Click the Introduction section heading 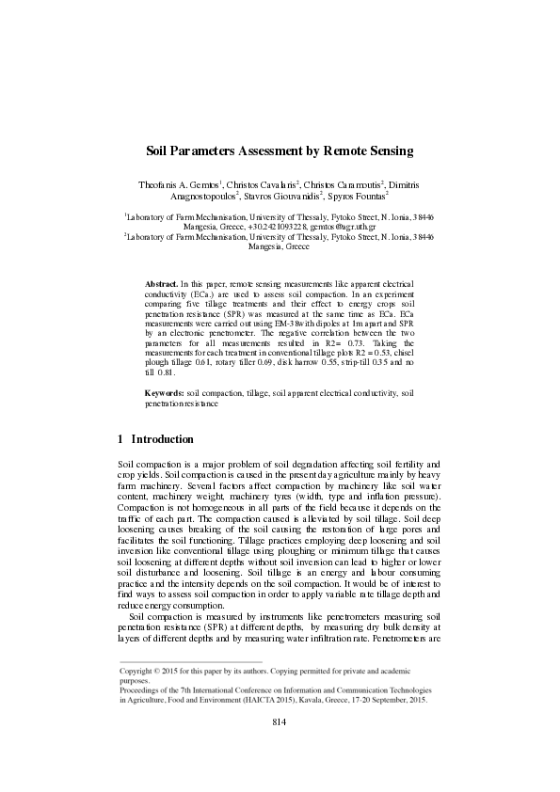[x=163, y=439]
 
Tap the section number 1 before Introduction [x=120, y=439]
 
